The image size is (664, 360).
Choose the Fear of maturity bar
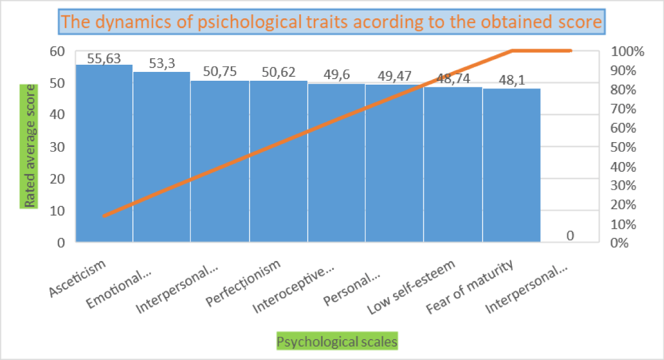(x=511, y=165)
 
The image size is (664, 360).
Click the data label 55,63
(x=104, y=58)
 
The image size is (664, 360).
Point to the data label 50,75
(x=220, y=74)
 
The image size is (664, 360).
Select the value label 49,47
(x=394, y=76)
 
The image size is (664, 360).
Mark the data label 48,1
(x=511, y=81)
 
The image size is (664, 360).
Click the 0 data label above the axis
(x=570, y=236)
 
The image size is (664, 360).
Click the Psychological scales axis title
(x=336, y=342)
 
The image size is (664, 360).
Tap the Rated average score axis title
(x=28, y=147)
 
